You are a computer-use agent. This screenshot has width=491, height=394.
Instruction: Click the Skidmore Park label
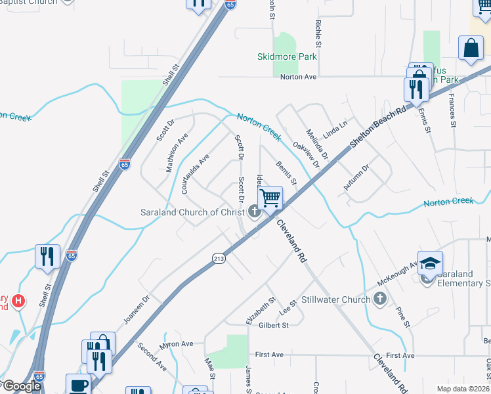click(287, 56)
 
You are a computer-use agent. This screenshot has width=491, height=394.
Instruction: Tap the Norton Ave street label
click(299, 77)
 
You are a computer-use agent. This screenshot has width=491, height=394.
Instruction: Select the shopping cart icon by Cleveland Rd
click(270, 197)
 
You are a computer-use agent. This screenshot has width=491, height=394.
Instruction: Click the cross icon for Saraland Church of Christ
click(255, 211)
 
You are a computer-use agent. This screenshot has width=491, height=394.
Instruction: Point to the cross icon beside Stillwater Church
click(379, 300)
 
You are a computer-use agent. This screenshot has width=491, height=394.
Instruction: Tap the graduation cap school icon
click(429, 263)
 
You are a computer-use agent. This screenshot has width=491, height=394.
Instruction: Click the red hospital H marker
click(18, 301)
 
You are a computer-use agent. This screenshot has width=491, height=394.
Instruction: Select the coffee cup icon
click(78, 385)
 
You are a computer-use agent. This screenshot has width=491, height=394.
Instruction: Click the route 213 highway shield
click(218, 259)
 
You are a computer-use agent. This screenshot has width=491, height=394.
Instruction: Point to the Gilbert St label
click(274, 325)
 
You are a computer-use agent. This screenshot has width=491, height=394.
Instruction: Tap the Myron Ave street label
click(177, 343)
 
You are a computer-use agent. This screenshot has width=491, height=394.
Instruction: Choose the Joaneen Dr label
click(137, 309)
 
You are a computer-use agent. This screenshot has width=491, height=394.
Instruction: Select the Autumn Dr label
click(356, 178)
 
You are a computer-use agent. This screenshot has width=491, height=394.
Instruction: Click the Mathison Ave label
click(177, 152)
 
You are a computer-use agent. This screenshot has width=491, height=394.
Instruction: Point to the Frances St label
click(452, 110)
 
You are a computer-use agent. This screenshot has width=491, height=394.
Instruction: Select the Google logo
click(21, 386)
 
